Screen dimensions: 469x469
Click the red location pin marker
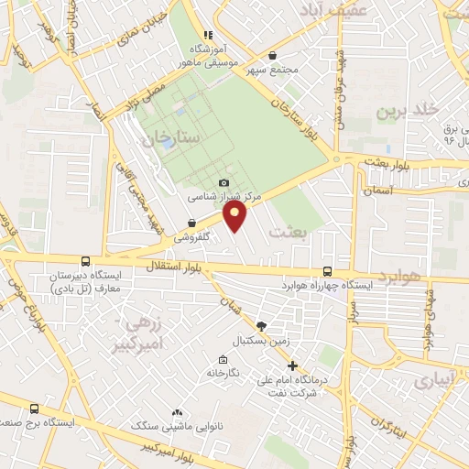pyautogui.click(x=235, y=215)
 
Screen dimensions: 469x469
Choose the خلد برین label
pyautogui.click(x=402, y=113)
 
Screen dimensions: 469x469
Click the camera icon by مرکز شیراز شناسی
pyautogui.click(x=224, y=183)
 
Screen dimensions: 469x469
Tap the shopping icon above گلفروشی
pyautogui.click(x=191, y=223)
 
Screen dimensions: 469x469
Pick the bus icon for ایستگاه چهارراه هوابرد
pyautogui.click(x=328, y=271)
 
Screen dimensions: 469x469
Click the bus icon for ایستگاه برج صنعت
pyautogui.click(x=35, y=409)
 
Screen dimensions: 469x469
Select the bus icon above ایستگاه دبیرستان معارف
pyautogui.click(x=85, y=261)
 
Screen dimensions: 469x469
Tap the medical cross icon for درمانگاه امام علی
pyautogui.click(x=292, y=365)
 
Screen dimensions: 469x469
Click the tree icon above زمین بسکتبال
pyautogui.click(x=262, y=326)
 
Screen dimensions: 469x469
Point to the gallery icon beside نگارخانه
pyautogui.click(x=223, y=359)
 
